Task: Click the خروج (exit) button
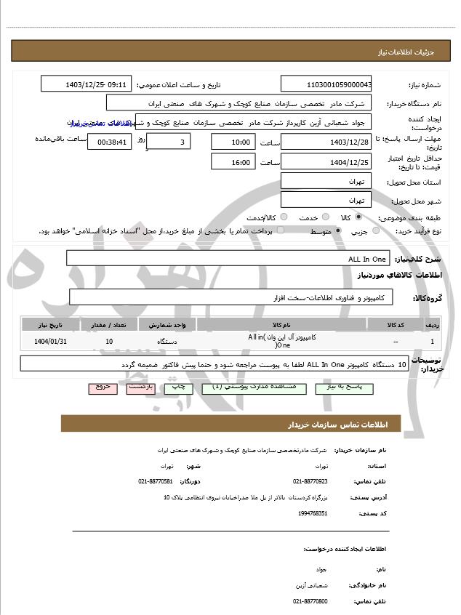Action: click(x=103, y=387)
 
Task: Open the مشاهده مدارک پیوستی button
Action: click(x=249, y=387)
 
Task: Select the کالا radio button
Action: click(x=358, y=217)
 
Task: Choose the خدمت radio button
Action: click(x=324, y=217)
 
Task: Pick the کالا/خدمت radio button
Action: click(x=284, y=217)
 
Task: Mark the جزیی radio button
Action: click(x=376, y=231)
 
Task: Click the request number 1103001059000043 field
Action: click(x=326, y=84)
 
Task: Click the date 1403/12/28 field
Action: click(x=326, y=142)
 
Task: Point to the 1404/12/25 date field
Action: click(x=326, y=162)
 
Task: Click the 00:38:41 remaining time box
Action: click(x=108, y=142)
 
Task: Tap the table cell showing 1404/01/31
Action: click(x=50, y=341)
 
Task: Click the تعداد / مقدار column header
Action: click(x=109, y=324)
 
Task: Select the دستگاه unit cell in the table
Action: click(x=167, y=341)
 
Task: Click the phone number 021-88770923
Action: click(x=310, y=481)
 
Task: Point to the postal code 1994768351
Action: click(x=313, y=513)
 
